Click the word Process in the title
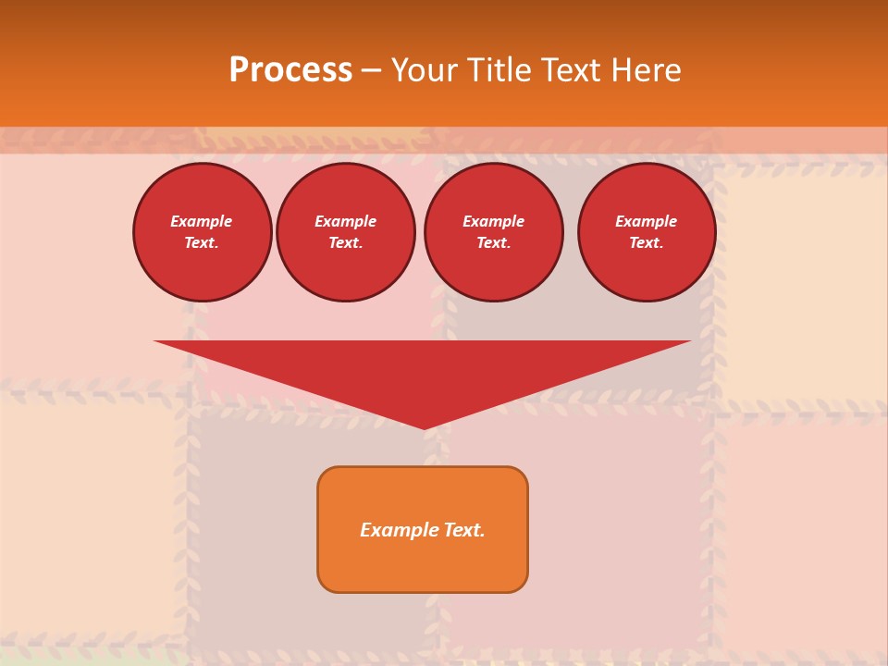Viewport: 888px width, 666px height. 290,70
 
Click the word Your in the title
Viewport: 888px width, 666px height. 425,70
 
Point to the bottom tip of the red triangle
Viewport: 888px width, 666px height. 424,427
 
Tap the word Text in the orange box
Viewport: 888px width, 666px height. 463,530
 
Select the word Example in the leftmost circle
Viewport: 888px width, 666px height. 202,221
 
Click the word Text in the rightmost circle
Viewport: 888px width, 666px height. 646,242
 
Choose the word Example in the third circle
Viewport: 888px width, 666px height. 493,221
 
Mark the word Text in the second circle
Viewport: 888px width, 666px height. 345,242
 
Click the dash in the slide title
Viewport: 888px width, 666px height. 371,70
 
